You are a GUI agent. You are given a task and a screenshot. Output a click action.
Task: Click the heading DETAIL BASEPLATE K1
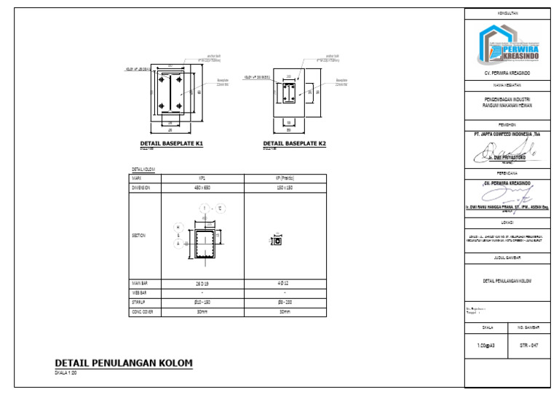click(x=171, y=144)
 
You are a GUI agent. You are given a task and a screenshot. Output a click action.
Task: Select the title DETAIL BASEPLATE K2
click(x=294, y=144)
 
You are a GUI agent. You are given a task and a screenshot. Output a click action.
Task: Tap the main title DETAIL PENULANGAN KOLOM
click(x=124, y=362)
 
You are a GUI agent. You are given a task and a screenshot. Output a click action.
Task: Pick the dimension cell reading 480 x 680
click(x=202, y=187)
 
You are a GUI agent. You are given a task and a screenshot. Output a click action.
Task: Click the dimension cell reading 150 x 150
click(x=285, y=187)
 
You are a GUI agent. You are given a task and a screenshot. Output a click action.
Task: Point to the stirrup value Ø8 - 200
click(x=285, y=302)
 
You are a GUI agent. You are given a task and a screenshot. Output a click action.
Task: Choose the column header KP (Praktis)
click(x=285, y=177)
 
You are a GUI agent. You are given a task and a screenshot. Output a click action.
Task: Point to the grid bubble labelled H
click(x=177, y=227)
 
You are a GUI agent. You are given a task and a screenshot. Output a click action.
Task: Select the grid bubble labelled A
click(x=177, y=244)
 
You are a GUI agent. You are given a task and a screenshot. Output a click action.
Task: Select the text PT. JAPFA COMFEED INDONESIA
click(x=506, y=134)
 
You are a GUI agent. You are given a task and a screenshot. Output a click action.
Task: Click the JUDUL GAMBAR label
click(x=507, y=258)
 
